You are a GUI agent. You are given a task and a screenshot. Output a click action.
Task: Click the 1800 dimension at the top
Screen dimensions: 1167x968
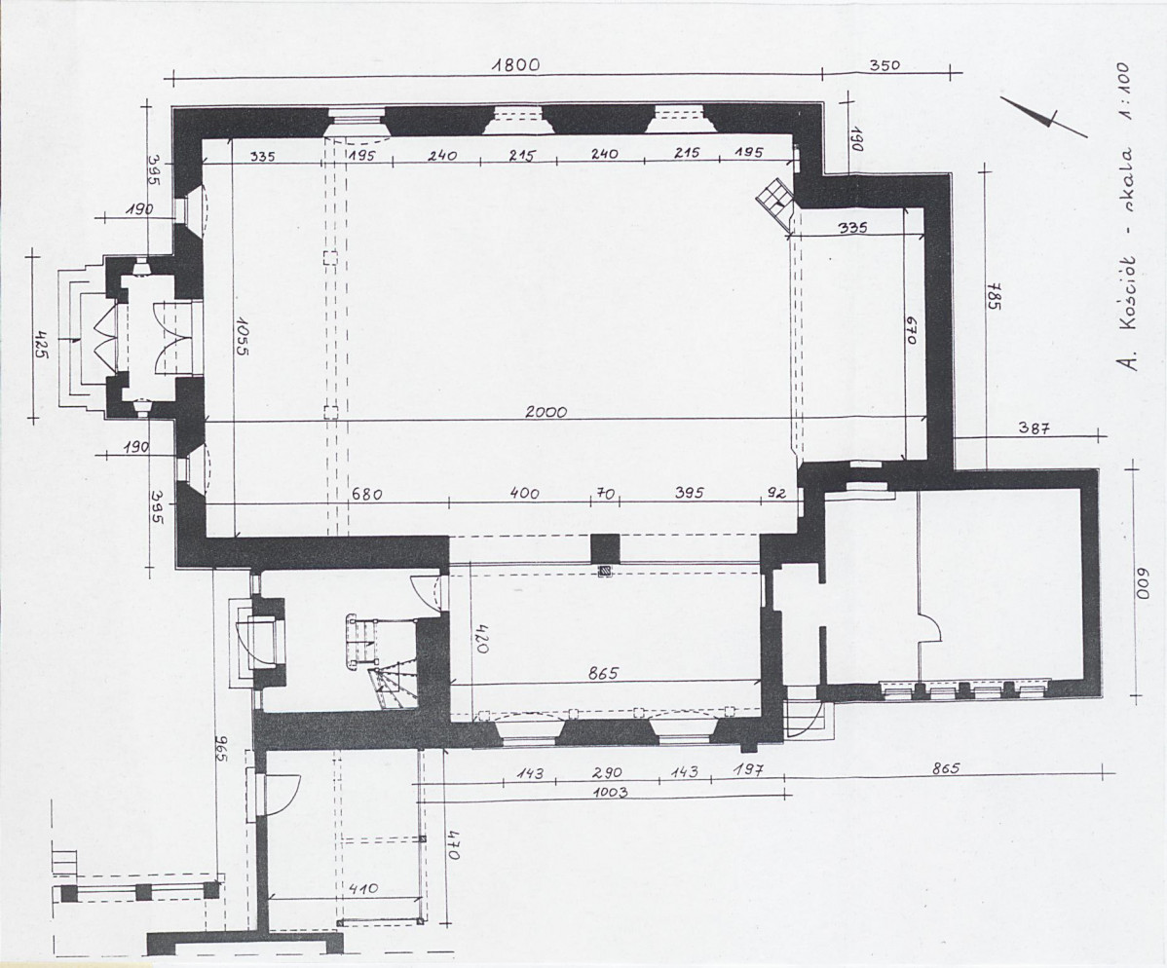point(515,65)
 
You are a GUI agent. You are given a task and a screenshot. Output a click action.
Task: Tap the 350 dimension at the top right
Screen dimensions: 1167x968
point(885,64)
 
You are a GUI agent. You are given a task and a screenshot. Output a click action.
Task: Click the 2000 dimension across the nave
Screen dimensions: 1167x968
point(546,412)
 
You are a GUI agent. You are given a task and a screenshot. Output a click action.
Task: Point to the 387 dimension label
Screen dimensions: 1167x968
point(1033,428)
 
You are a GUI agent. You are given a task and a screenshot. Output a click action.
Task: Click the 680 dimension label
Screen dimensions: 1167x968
point(367,495)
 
